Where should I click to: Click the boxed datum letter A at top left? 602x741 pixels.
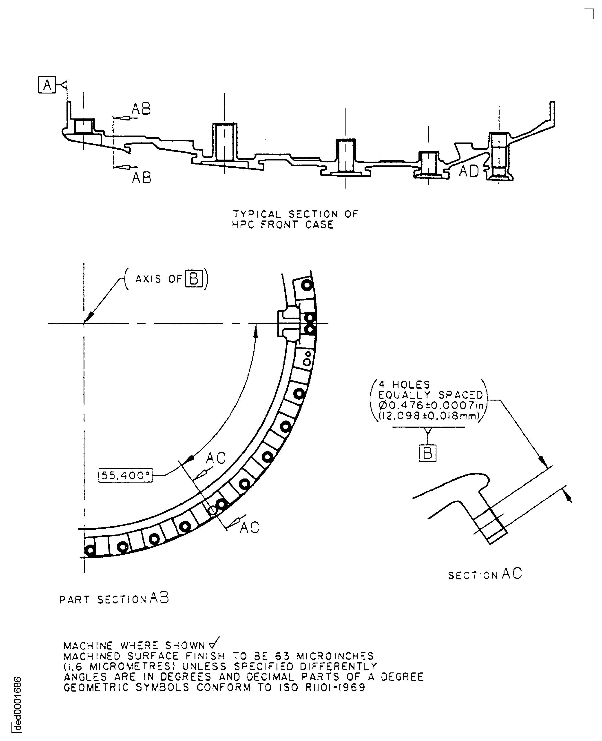pyautogui.click(x=47, y=85)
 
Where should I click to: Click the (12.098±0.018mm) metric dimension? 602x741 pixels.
pyautogui.click(x=429, y=416)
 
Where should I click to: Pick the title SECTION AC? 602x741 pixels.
pyautogui.click(x=485, y=574)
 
